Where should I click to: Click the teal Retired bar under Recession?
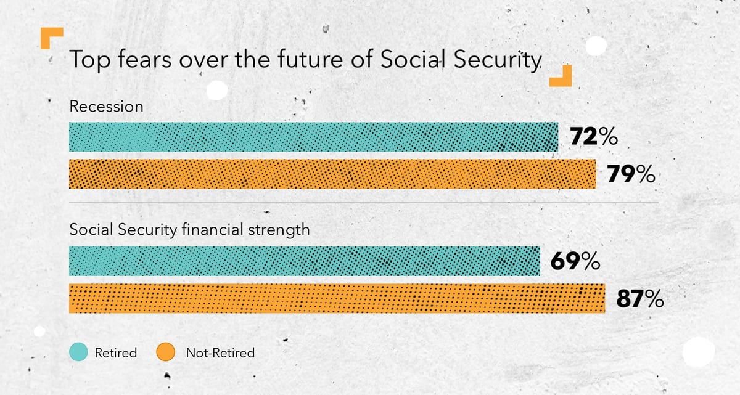coord(313,137)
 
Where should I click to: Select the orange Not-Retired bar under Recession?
coord(332,174)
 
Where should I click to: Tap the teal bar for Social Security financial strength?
coord(305,261)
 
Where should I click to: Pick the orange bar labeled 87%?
coord(337,298)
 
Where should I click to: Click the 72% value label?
coord(594,136)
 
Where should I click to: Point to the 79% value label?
coord(631,174)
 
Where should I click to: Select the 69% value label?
coord(575,261)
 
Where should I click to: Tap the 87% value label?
coord(640,299)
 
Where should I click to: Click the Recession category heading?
coord(106,107)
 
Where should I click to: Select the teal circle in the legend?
coord(79,352)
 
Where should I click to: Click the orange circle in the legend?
coord(165,352)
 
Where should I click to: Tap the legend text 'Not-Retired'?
coord(220,352)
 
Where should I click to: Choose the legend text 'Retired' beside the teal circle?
coord(116,352)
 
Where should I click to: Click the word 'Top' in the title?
coord(90,60)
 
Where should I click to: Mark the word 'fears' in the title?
coord(145,59)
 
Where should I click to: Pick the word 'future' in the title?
coord(310,59)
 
